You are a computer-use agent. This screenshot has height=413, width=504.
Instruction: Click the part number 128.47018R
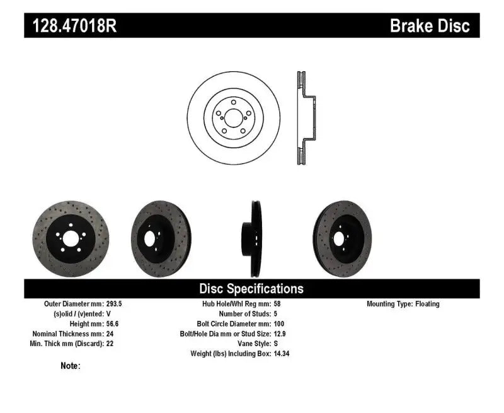pyautogui.click(x=71, y=26)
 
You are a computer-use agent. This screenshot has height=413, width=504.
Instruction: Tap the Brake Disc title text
pyautogui.click(x=430, y=26)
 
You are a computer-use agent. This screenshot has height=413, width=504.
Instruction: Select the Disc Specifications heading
pyautogui.click(x=251, y=289)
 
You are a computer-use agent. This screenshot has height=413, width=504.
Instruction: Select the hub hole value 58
pyautogui.click(x=278, y=304)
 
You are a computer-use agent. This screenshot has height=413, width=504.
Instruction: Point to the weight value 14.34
pyautogui.click(x=282, y=354)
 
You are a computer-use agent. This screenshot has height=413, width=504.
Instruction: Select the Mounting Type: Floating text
pyautogui.click(x=403, y=304)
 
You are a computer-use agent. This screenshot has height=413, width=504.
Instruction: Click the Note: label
pyautogui.click(x=71, y=366)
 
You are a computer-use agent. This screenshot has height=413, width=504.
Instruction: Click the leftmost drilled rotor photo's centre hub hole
pyautogui.click(x=70, y=238)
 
